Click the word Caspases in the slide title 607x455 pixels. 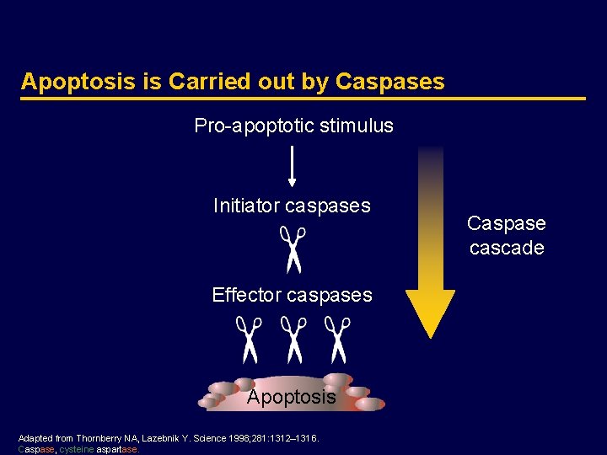click(x=389, y=82)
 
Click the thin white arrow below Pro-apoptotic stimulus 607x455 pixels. click(x=292, y=165)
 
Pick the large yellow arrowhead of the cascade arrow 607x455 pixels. click(x=430, y=310)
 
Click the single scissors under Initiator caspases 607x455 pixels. click(x=293, y=249)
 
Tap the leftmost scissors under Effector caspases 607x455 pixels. click(x=249, y=339)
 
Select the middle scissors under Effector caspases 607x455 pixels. click(x=293, y=339)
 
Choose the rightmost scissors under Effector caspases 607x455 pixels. click(x=337, y=339)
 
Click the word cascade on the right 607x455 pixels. click(x=507, y=249)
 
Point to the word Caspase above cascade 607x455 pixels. click(x=507, y=223)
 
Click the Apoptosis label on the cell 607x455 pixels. click(x=291, y=397)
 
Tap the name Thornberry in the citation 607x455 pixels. click(x=98, y=438)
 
